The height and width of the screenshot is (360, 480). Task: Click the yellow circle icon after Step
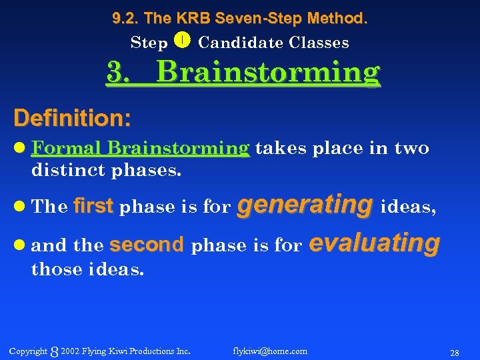(x=183, y=41)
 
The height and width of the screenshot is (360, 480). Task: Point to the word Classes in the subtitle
(x=319, y=43)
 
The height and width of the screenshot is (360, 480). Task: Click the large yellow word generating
(x=305, y=205)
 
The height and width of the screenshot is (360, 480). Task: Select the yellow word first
(x=93, y=207)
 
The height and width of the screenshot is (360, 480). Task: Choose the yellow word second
(x=146, y=245)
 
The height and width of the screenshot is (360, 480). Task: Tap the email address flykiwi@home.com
(x=270, y=351)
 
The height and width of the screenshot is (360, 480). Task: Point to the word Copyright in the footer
(x=28, y=351)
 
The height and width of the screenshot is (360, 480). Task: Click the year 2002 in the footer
(x=69, y=351)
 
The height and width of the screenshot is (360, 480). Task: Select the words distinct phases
(x=106, y=170)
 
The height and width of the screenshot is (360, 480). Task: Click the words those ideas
(x=87, y=270)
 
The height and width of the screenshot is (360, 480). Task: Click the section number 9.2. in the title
(x=126, y=19)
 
